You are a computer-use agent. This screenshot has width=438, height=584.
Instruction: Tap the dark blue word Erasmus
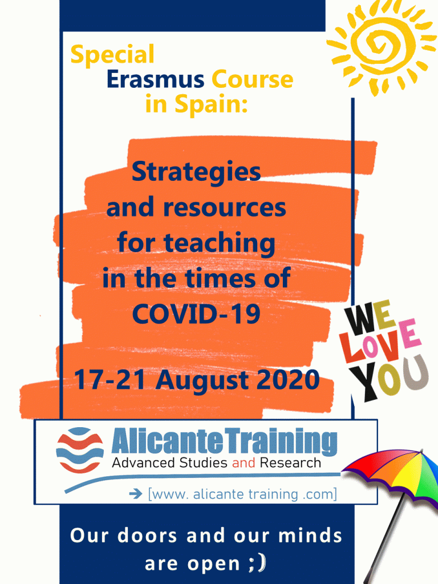[155, 79]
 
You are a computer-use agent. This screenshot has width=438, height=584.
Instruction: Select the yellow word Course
[253, 79]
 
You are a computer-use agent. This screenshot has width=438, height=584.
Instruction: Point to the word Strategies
[196, 172]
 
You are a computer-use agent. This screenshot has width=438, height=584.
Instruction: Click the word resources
[225, 208]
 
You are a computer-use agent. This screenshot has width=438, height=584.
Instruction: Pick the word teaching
[220, 244]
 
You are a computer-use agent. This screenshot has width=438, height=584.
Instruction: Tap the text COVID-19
[196, 314]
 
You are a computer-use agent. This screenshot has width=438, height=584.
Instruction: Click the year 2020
[288, 380]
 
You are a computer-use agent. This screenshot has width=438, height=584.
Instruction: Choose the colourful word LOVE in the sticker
[380, 343]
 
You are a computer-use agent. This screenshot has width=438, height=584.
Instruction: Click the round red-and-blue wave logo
[80, 450]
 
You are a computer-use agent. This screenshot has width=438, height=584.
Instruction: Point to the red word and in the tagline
[244, 463]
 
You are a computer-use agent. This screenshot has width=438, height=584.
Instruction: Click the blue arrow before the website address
[136, 494]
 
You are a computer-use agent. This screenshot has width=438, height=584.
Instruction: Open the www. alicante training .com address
[242, 494]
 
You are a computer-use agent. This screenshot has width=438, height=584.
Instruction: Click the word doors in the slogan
[147, 536]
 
